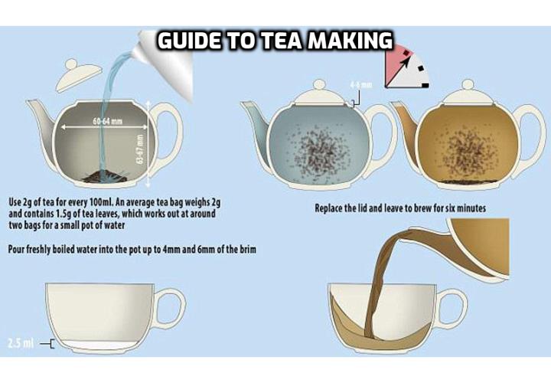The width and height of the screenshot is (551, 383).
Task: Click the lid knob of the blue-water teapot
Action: (x=319, y=85)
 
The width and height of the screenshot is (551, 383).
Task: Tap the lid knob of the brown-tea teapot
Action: (x=468, y=85)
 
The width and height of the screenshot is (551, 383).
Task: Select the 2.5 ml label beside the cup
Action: (x=21, y=343)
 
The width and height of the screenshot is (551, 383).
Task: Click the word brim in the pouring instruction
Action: (x=248, y=250)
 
